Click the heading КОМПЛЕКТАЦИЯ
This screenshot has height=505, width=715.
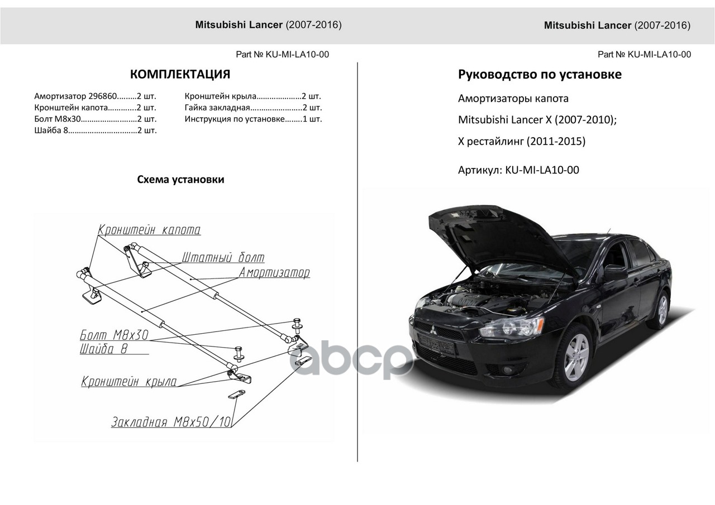click(x=180, y=75)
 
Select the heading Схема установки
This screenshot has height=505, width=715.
click(x=180, y=180)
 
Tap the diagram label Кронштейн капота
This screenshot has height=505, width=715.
click(x=149, y=230)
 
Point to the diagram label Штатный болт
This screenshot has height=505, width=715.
click(x=223, y=258)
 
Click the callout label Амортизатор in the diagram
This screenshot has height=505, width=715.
click(x=274, y=273)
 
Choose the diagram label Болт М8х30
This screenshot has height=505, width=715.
click(x=114, y=335)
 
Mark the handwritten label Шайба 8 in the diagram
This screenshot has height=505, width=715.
click(x=104, y=349)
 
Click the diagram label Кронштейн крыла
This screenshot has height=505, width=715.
click(x=129, y=382)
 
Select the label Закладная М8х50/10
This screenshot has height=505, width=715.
click(x=171, y=422)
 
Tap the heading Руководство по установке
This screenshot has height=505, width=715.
click(x=540, y=74)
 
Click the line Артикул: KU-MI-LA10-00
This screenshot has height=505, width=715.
click(x=518, y=170)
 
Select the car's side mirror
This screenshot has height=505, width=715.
click(x=616, y=273)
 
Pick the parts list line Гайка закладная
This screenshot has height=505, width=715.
click(x=253, y=108)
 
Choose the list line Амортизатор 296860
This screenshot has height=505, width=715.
click(x=95, y=96)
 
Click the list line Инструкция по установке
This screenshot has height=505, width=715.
click(x=253, y=119)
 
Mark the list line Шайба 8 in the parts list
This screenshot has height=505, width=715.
click(x=95, y=131)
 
